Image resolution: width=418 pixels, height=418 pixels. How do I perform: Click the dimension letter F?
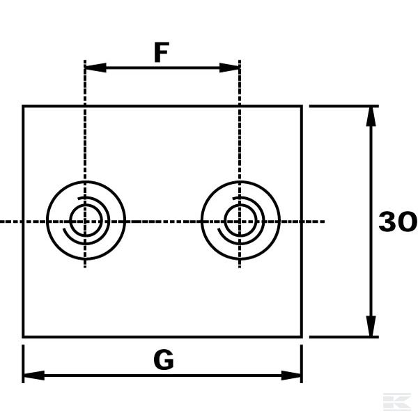pyautogui.click(x=162, y=52)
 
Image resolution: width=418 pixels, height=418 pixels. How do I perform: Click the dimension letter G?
pyautogui.click(x=164, y=359)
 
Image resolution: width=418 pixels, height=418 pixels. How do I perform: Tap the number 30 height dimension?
pyautogui.click(x=398, y=222)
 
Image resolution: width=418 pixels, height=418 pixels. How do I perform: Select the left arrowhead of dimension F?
pyautogui.click(x=95, y=68)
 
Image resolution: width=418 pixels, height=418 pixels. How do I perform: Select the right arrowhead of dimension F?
pyautogui.click(x=229, y=68)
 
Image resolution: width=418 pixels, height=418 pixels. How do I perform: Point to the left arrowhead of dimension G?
pyautogui.click(x=34, y=376)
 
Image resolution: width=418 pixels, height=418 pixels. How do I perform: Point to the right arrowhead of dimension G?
pyautogui.click(x=291, y=376)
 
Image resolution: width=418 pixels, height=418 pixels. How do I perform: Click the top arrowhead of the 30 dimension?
pyautogui.click(x=371, y=116)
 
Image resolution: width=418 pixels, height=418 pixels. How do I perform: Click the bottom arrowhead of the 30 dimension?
pyautogui.click(x=371, y=326)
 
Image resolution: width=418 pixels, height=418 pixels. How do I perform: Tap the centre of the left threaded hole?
pyautogui.click(x=85, y=221)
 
